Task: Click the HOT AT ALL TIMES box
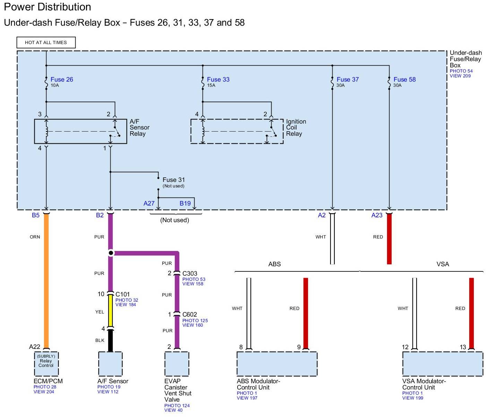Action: pyautogui.click(x=46, y=42)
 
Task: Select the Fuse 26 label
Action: pyautogui.click(x=62, y=79)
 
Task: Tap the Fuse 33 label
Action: pyautogui.click(x=218, y=79)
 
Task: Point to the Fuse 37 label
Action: pyautogui.click(x=348, y=79)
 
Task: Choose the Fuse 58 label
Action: pyautogui.click(x=404, y=79)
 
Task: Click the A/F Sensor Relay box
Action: pyautogui.click(x=80, y=131)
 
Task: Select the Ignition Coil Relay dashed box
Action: pyautogui.click(x=237, y=131)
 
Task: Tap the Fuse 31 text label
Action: pyautogui.click(x=173, y=180)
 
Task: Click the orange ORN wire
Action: pyautogui.click(x=46, y=278)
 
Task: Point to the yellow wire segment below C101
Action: pyautogui.click(x=111, y=311)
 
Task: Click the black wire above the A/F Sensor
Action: pyautogui.click(x=111, y=341)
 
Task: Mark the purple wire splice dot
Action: pyautogui.click(x=111, y=253)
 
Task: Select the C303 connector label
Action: pyautogui.click(x=190, y=274)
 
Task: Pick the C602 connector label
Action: pyautogui.click(x=190, y=315)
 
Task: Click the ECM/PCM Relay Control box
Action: pyautogui.click(x=46, y=363)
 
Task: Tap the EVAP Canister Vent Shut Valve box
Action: pyautogui.click(x=177, y=364)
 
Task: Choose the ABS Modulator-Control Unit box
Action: pyautogui.click(x=277, y=364)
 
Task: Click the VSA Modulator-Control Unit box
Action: pyautogui.click(x=443, y=364)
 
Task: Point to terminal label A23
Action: pyautogui.click(x=377, y=215)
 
